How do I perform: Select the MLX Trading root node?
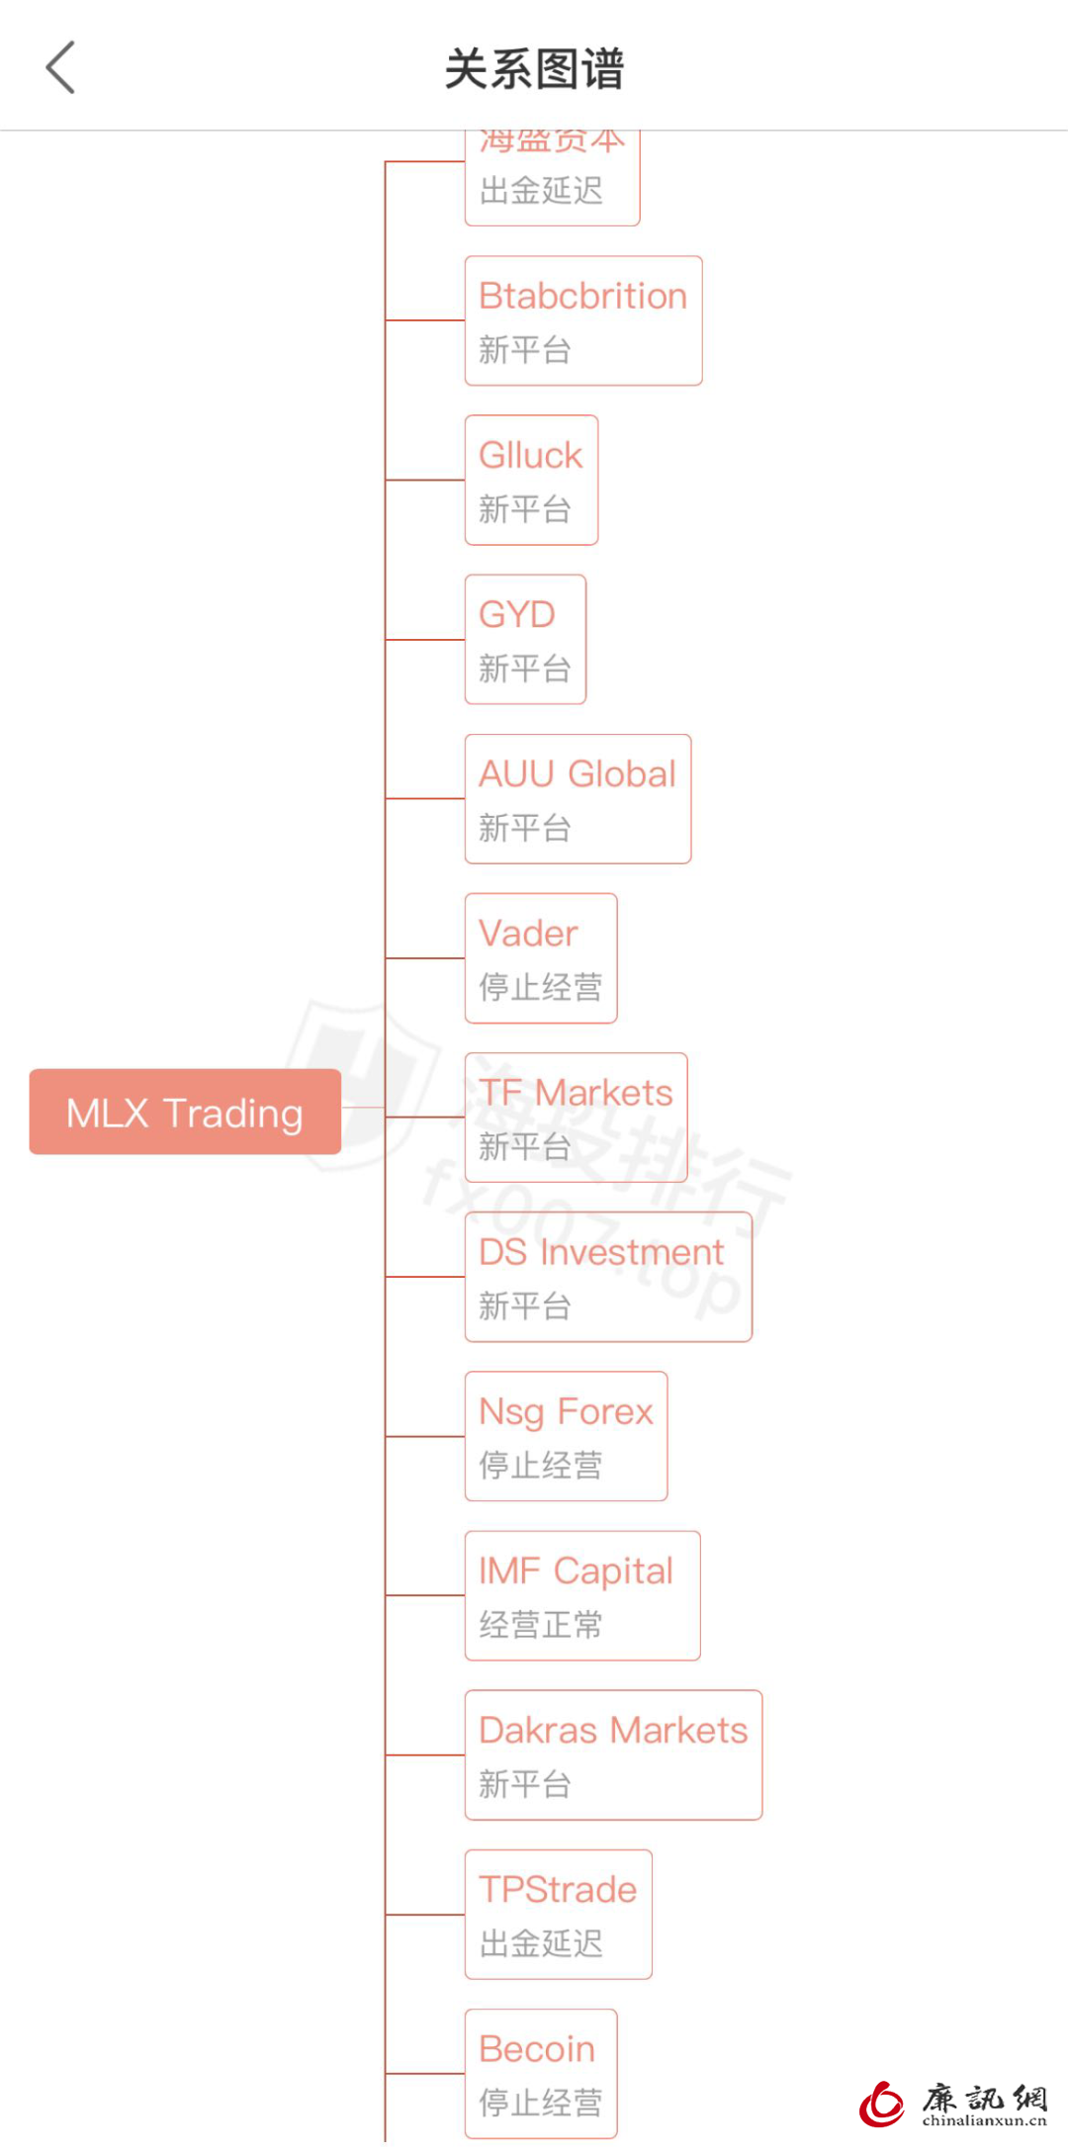point(185,1112)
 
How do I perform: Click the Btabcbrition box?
point(583,320)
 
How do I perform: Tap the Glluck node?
point(531,480)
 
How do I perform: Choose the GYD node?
point(525,639)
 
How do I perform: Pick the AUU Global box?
point(578,798)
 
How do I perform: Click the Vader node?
point(541,957)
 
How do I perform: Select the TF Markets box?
point(576,1117)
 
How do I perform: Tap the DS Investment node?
point(608,1276)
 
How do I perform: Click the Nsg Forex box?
point(566,1435)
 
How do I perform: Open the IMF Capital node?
point(582,1595)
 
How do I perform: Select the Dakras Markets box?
point(613,1754)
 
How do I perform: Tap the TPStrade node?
point(558,1914)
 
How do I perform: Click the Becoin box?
point(541,2073)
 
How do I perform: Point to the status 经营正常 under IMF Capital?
point(541,1624)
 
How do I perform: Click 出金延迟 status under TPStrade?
point(541,1943)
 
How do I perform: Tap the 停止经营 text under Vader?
point(541,986)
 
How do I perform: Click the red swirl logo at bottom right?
point(882,2104)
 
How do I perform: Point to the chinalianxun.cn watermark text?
point(984,2120)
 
